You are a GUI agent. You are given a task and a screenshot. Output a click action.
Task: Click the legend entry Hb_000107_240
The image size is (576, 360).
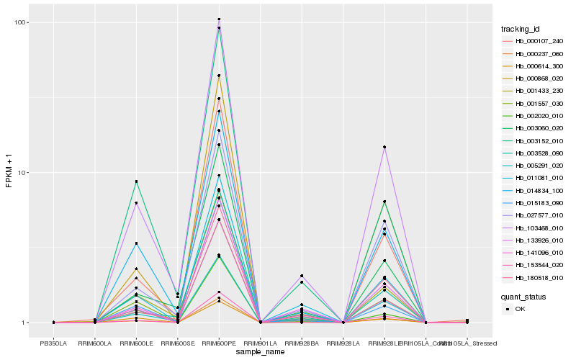click(536, 40)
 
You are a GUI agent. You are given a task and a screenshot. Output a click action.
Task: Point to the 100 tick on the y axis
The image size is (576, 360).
click(22, 22)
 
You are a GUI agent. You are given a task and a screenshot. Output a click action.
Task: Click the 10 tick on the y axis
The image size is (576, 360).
click(24, 173)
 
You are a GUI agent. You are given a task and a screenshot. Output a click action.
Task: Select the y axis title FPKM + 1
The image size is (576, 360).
click(9, 172)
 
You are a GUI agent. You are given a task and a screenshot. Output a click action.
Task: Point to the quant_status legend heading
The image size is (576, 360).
click(524, 296)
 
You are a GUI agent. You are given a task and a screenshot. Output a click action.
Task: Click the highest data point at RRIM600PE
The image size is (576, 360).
click(219, 19)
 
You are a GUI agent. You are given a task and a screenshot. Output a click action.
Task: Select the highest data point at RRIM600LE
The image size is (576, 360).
click(136, 181)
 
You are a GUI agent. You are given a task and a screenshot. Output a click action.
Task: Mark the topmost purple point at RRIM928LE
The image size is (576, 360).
click(384, 147)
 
